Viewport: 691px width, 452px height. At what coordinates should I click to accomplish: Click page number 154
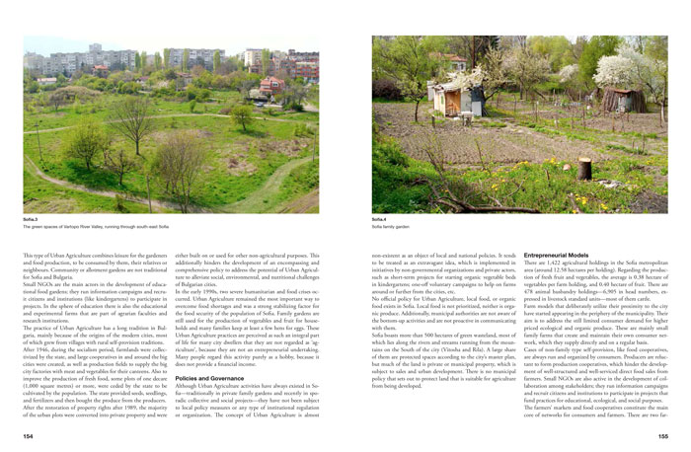pos(28,434)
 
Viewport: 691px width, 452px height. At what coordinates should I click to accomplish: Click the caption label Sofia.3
pos(30,219)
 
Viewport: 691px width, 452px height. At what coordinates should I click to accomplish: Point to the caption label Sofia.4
pos(380,219)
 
